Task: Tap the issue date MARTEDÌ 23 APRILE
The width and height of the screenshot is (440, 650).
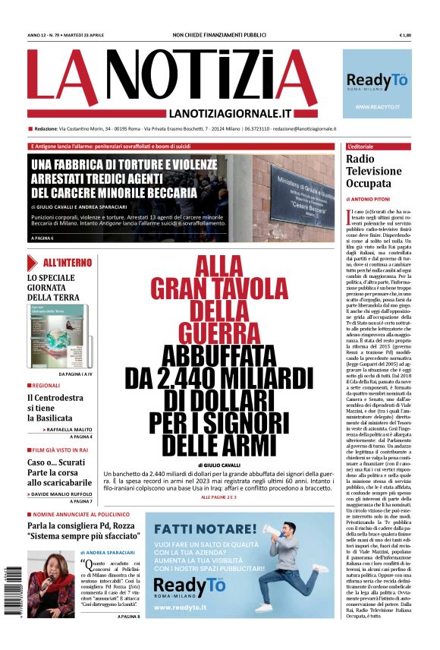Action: (93, 36)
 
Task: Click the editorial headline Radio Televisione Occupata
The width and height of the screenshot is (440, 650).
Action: (373, 171)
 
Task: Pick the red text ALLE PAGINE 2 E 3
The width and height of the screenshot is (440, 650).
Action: (218, 497)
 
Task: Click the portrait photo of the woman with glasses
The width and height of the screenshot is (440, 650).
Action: (51, 584)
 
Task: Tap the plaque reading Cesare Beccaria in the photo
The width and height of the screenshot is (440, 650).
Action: (301, 191)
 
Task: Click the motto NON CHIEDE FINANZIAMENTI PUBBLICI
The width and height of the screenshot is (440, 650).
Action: (219, 36)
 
